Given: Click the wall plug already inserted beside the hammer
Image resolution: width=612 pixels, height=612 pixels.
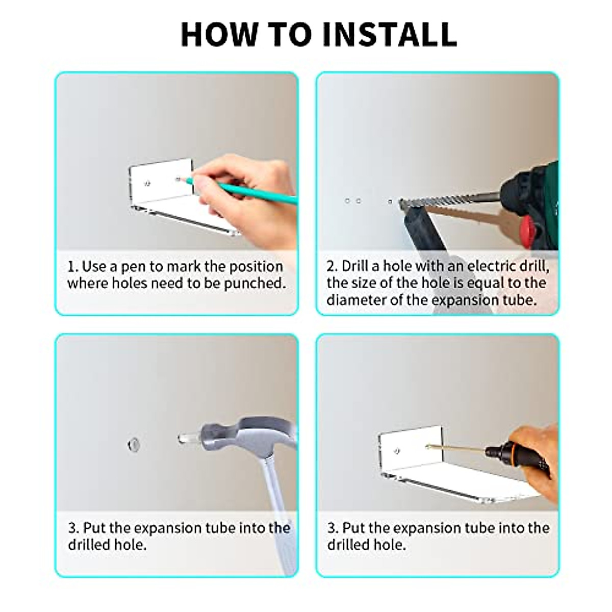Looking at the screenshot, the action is (134, 445).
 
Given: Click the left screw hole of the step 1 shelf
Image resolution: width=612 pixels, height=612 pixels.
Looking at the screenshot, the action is (147, 183).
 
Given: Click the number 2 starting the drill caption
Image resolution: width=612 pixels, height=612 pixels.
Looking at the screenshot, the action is (332, 266).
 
